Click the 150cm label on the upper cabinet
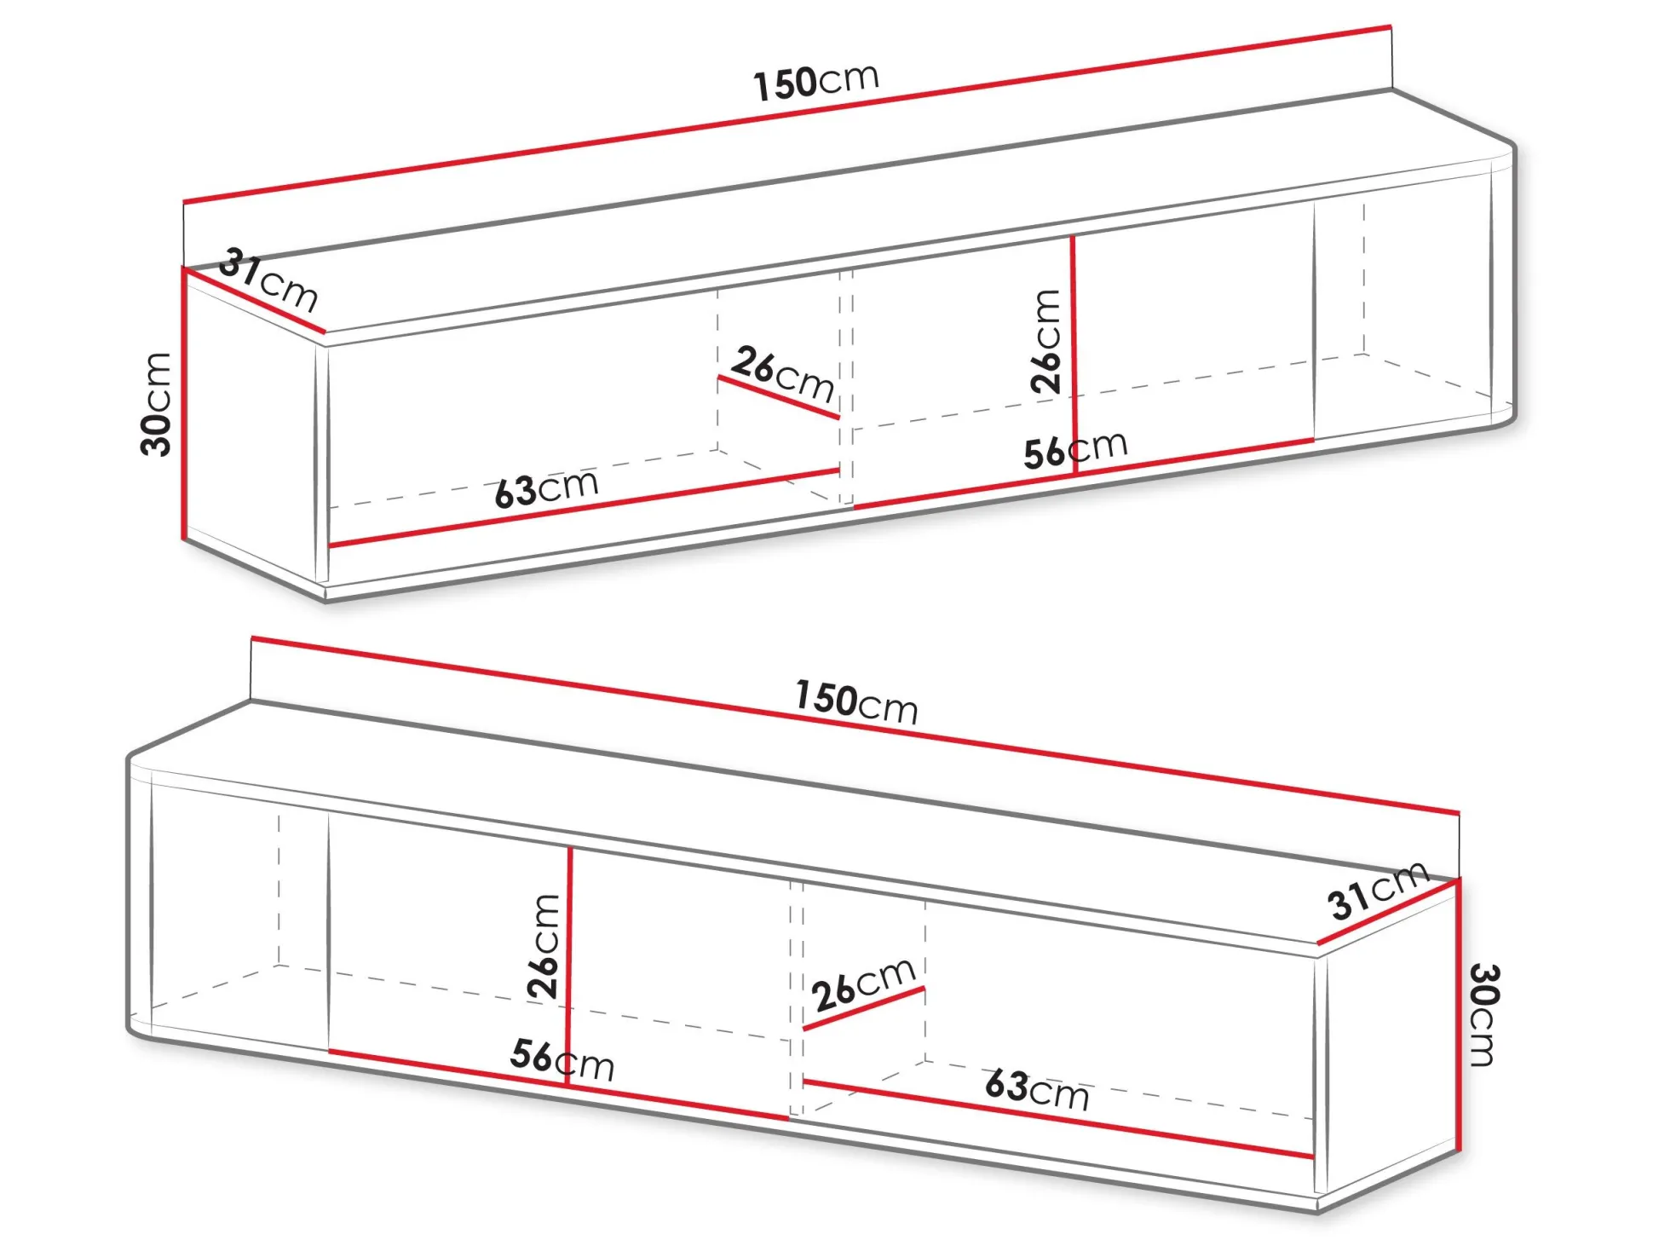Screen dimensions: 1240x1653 815,82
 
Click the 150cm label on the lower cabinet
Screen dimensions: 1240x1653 855,702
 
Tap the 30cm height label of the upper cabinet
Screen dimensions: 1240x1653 157,404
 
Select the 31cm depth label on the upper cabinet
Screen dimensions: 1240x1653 268,279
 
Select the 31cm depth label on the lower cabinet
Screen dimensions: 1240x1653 1377,891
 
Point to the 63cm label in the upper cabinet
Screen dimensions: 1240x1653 546,487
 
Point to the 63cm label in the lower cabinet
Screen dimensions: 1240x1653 1037,1090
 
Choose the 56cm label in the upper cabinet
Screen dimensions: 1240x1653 1075,449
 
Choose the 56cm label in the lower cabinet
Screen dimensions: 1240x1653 562,1059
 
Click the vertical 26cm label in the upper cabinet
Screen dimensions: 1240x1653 1046,341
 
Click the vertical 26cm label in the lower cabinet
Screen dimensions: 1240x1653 544,946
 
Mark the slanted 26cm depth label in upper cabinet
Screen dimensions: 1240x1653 782,373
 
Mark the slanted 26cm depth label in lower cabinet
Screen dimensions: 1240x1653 862,984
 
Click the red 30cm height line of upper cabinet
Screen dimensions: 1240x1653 183,404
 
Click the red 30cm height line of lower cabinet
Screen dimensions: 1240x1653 1459,1014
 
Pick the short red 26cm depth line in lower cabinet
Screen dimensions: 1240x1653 863,1009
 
